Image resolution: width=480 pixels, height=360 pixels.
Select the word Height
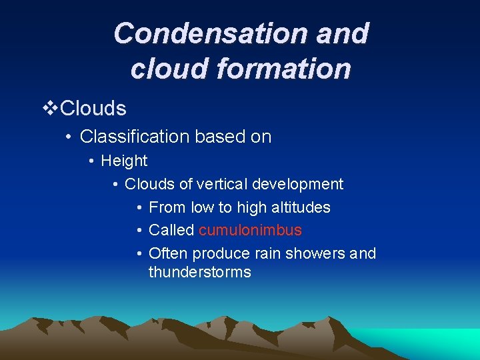pyautogui.click(x=124, y=161)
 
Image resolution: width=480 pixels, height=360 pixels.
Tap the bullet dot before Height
pyautogui.click(x=92, y=161)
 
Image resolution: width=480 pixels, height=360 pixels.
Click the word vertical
pyautogui.click(x=223, y=184)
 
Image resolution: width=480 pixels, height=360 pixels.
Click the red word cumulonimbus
pyautogui.click(x=250, y=231)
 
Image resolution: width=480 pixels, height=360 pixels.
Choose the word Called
pyautogui.click(x=171, y=231)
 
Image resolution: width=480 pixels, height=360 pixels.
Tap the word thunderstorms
pyautogui.click(x=199, y=272)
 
